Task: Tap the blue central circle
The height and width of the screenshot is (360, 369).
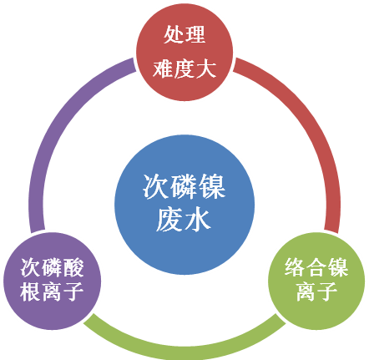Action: [184, 205]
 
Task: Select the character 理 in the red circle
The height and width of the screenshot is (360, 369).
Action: [195, 34]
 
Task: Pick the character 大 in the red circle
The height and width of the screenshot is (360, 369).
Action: [206, 68]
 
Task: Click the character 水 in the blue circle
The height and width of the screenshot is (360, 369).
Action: [198, 221]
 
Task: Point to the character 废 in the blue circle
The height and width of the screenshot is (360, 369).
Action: [170, 221]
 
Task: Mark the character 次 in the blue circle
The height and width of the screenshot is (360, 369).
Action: [156, 186]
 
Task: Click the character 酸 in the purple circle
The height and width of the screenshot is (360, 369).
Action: [73, 267]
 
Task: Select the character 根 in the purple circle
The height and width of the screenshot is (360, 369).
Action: [31, 292]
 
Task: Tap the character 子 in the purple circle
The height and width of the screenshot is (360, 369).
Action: [73, 292]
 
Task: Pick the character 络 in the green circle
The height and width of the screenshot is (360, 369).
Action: [296, 267]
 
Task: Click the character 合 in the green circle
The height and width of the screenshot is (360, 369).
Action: [316, 267]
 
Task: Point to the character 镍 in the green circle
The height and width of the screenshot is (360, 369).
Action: [338, 267]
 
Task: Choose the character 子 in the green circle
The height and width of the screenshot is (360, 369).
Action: [327, 292]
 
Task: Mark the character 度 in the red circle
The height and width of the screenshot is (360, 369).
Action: [184, 68]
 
